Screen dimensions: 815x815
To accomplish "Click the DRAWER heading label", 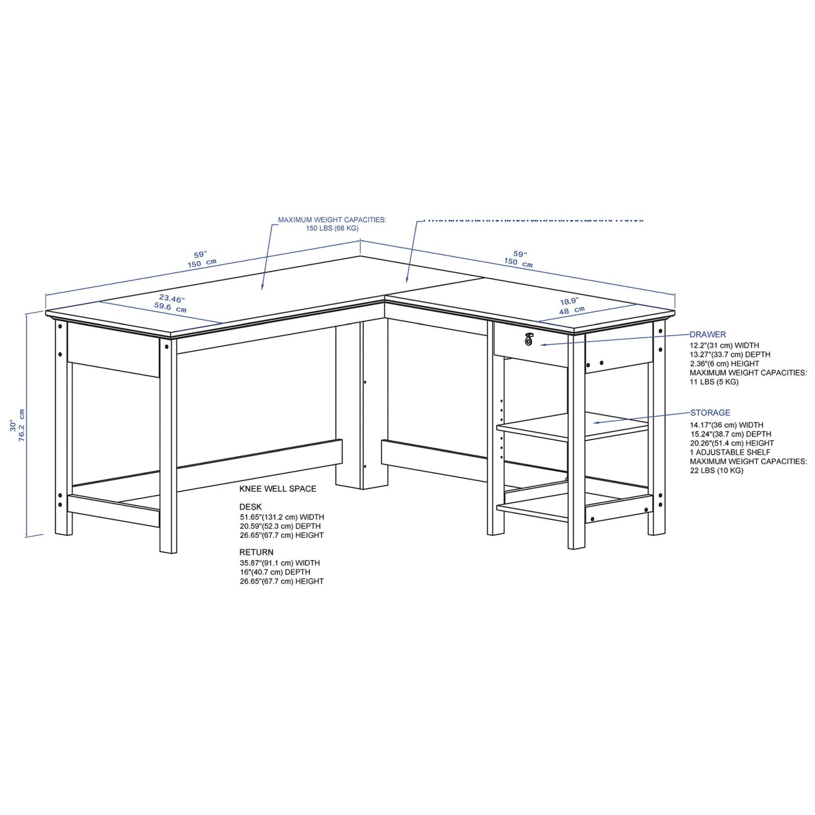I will pyautogui.click(x=708, y=335).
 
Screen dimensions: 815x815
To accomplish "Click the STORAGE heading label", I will pyautogui.click(x=710, y=413).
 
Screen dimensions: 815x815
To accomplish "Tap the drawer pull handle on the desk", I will pyautogui.click(x=528, y=339).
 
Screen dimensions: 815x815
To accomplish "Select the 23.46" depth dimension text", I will pyautogui.click(x=172, y=298).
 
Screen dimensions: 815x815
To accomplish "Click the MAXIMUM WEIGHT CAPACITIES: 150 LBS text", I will pyautogui.click(x=332, y=224).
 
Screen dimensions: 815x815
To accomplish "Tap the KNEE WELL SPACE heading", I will pyautogui.click(x=278, y=489).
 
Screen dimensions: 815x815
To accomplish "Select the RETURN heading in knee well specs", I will pyautogui.click(x=256, y=552).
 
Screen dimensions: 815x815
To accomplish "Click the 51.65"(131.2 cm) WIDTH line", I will pyautogui.click(x=282, y=517).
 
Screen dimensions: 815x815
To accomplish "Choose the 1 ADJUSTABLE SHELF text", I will pyautogui.click(x=730, y=452).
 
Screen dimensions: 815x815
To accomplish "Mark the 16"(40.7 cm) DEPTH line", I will pyautogui.click(x=275, y=572).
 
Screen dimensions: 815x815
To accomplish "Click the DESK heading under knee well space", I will pyautogui.click(x=251, y=507).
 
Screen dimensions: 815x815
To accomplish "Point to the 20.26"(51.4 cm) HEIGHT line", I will pyautogui.click(x=732, y=443).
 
